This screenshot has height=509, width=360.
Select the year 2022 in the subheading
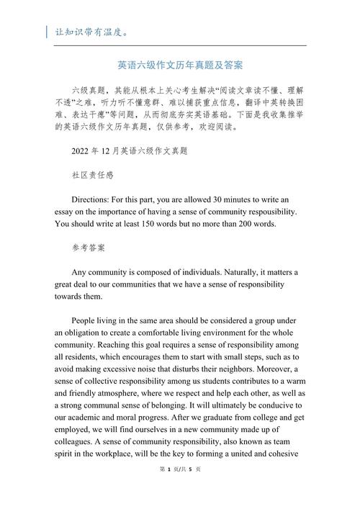(x=82, y=151)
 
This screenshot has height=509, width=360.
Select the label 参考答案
(x=88, y=248)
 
